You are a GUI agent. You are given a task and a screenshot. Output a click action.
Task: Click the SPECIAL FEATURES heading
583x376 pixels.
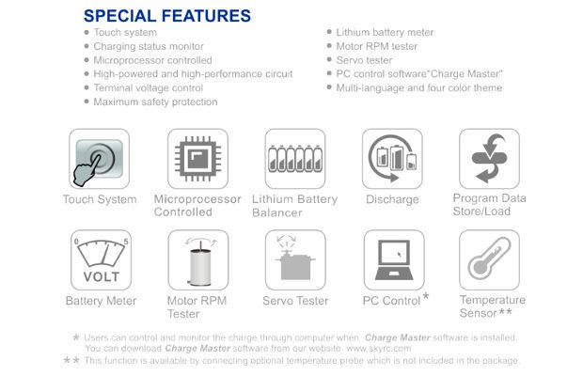click(x=167, y=16)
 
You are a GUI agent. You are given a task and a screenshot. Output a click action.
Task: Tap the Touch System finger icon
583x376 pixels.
click(x=99, y=159)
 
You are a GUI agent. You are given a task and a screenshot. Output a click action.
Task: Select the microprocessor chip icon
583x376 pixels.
click(x=197, y=159)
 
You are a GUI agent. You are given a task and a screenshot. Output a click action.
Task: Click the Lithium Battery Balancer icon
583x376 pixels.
click(x=295, y=159)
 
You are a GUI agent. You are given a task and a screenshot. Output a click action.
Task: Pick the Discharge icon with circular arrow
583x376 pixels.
click(x=392, y=159)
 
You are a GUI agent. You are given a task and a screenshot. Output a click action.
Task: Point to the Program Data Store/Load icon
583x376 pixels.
click(x=489, y=159)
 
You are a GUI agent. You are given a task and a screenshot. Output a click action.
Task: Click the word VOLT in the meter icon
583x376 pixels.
click(x=102, y=276)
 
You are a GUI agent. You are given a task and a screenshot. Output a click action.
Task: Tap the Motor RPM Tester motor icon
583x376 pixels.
click(x=198, y=260)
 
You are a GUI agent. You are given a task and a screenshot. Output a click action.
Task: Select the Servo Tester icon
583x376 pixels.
click(x=295, y=260)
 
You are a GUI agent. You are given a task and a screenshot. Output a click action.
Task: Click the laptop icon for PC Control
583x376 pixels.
click(x=394, y=260)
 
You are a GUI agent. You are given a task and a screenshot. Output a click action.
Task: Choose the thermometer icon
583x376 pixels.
click(x=489, y=260)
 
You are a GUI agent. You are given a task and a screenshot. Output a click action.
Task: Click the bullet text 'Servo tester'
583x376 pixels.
click(x=365, y=60)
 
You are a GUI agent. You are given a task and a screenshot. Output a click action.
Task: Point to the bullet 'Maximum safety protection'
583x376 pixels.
click(x=155, y=102)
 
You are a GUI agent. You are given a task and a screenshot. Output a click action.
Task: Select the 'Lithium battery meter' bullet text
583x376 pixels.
click(x=385, y=32)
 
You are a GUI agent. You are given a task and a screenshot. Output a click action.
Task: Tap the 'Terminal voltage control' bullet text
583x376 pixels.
click(x=149, y=88)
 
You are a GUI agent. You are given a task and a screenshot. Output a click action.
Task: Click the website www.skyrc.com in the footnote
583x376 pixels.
click(x=379, y=349)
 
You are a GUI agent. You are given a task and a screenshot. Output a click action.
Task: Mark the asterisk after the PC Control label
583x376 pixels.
click(x=426, y=296)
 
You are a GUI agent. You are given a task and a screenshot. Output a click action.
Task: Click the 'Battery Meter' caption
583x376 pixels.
click(x=102, y=301)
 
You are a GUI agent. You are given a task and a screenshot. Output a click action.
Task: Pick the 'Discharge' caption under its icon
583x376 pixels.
click(x=392, y=199)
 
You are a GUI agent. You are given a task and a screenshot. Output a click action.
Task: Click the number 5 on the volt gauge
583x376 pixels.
click(x=126, y=242)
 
